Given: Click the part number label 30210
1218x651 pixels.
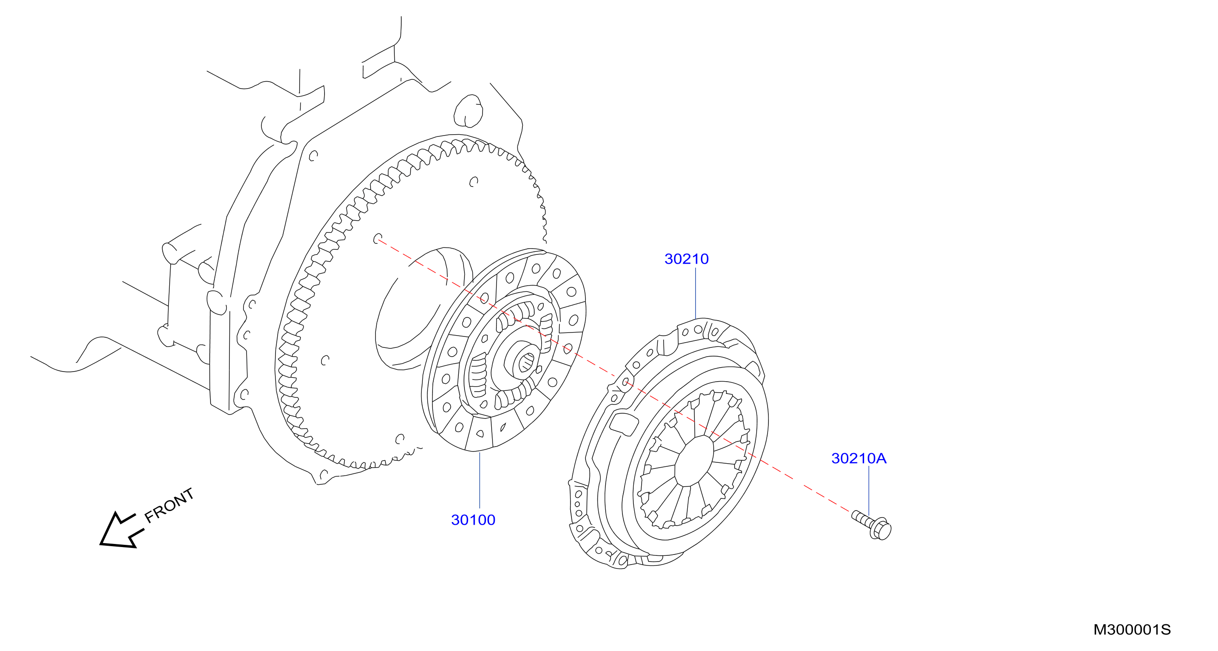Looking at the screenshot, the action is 686,259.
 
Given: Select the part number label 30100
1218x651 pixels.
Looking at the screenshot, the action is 473,520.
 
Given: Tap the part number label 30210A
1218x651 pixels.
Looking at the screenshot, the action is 859,458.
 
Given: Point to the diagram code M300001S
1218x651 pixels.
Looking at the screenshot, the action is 1132,630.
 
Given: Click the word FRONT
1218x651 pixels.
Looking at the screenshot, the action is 169,505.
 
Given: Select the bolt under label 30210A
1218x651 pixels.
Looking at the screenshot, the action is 872,525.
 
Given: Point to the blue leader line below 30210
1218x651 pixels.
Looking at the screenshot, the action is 696,293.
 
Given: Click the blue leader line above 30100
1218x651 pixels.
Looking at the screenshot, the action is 479,480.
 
